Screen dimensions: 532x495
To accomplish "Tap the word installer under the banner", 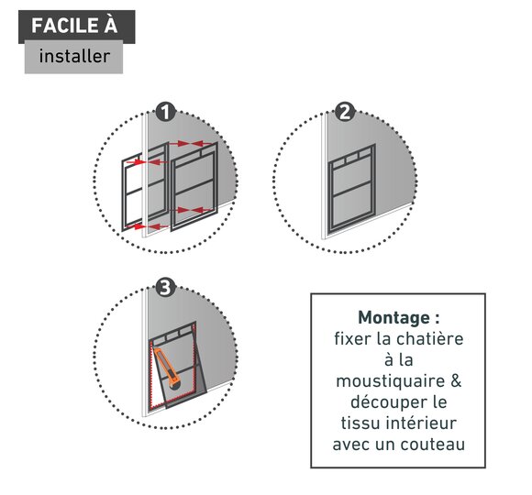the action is [74, 56].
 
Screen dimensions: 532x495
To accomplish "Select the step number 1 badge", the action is [165, 112].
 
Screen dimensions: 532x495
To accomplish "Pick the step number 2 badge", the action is [345, 112].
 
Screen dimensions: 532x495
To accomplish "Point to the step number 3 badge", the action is [165, 288].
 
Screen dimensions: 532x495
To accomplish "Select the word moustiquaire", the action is [390, 381].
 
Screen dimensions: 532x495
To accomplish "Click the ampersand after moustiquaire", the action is [457, 381].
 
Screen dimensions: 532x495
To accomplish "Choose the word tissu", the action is [360, 423].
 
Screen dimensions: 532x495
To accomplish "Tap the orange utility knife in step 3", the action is [168, 368].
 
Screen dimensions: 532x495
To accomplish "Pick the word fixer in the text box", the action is [350, 338].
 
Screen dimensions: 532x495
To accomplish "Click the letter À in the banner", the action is [111, 25].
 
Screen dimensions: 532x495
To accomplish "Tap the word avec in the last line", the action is [350, 445].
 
